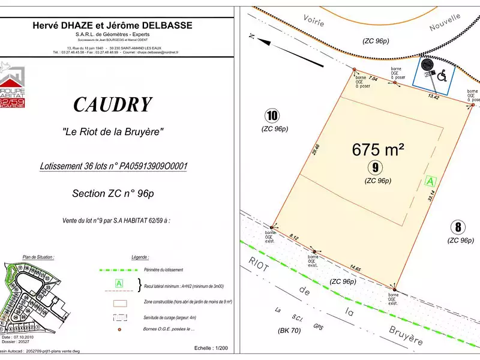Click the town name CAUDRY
pyautogui.click(x=112, y=105)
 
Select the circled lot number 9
pyautogui.click(x=376, y=167)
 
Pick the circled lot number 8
pyautogui.click(x=458, y=227)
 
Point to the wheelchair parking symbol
pyautogui.click(x=442, y=76)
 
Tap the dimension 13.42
pyautogui.click(x=434, y=96)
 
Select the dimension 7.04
pyautogui.click(x=373, y=79)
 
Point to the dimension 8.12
pyautogui.click(x=293, y=238)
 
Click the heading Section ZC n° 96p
pyautogui.click(x=113, y=193)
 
